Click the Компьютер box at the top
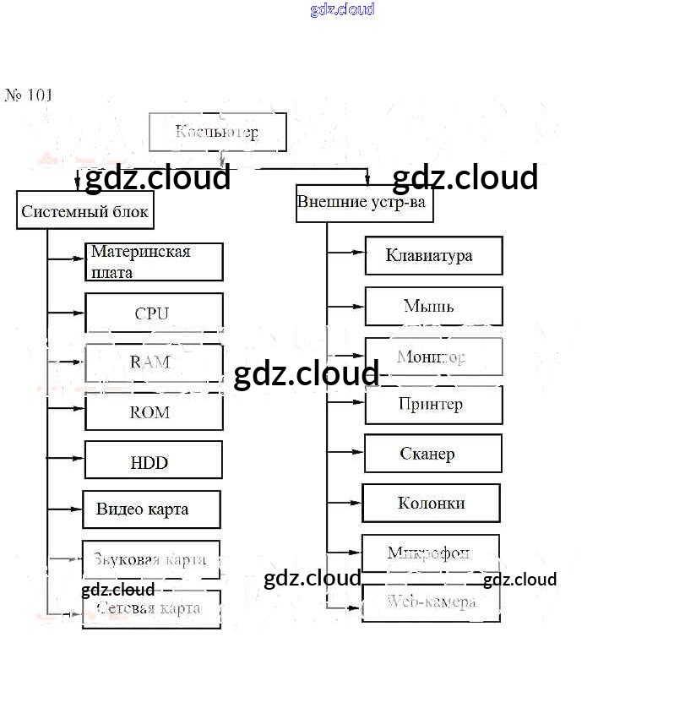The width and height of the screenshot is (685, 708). click(x=217, y=132)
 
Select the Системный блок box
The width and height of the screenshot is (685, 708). click(x=84, y=210)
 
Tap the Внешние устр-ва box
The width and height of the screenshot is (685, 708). click(x=364, y=203)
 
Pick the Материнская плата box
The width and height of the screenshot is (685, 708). click(x=154, y=262)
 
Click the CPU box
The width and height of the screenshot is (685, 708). click(x=154, y=313)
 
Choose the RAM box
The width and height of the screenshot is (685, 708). click(x=154, y=362)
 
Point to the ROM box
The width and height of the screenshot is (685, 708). click(x=154, y=412)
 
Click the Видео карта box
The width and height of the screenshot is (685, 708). click(x=151, y=509)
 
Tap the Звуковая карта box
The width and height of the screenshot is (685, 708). click(x=151, y=558)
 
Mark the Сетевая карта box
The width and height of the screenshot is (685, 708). click(x=151, y=608)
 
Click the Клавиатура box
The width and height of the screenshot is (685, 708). click(x=433, y=255)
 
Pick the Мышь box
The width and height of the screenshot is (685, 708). click(x=433, y=306)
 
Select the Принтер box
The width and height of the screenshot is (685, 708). click(x=433, y=404)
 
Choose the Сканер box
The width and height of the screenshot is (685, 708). click(x=432, y=454)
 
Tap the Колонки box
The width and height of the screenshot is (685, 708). click(x=431, y=503)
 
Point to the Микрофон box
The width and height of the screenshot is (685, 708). click(x=430, y=553)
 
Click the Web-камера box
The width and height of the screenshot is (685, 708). click(x=431, y=602)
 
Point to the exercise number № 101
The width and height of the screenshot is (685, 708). click(x=29, y=95)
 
